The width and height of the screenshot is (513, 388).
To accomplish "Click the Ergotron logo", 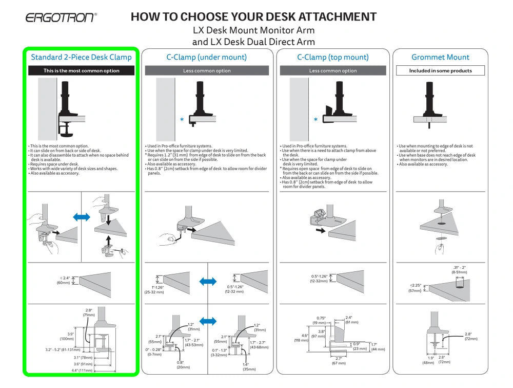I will (61, 17).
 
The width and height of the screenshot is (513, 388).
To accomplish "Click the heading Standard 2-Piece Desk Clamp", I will (81, 57).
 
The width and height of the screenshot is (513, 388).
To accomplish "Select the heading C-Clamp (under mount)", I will (206, 57).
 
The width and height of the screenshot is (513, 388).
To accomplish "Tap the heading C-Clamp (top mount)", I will (332, 57).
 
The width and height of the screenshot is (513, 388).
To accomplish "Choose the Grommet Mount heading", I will (440, 57).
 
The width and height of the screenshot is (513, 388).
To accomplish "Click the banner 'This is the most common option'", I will (81, 71).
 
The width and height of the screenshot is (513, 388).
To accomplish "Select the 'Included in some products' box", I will (440, 71).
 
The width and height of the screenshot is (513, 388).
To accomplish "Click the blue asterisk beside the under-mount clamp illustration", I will (182, 120).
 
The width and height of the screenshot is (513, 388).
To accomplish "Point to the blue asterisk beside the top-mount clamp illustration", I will (315, 120).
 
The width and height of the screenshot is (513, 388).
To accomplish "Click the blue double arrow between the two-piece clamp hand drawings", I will (82, 217).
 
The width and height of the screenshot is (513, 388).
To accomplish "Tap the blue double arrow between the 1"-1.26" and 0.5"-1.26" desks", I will (207, 281).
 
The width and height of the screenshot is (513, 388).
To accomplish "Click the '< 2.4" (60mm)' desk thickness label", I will (64, 280).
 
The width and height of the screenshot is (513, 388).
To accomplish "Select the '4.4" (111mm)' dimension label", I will (82, 370).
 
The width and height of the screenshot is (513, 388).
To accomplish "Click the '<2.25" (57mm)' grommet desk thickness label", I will (416, 288).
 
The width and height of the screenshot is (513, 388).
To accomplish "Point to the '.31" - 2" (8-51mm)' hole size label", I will (460, 270).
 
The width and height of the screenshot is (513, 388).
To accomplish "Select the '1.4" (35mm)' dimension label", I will (249, 366).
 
